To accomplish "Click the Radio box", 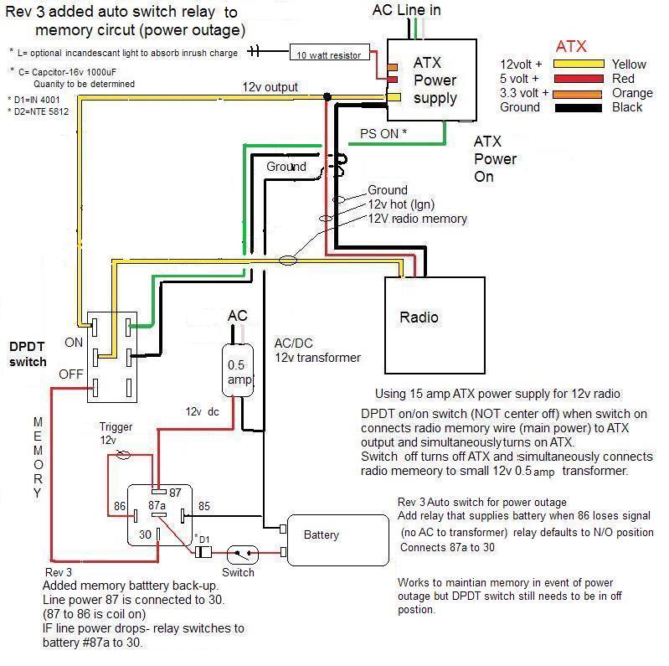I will pyautogui.click(x=435, y=318).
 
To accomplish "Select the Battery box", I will pyautogui.click(x=337, y=535).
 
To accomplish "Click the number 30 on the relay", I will pyautogui.click(x=146, y=534).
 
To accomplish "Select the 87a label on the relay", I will pyautogui.click(x=157, y=506).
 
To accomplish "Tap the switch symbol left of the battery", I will pyautogui.click(x=244, y=553).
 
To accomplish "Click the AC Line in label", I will pyautogui.click(x=406, y=10).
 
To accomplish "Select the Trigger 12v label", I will pyautogui.click(x=116, y=433).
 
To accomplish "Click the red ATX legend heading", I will pyautogui.click(x=572, y=46).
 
